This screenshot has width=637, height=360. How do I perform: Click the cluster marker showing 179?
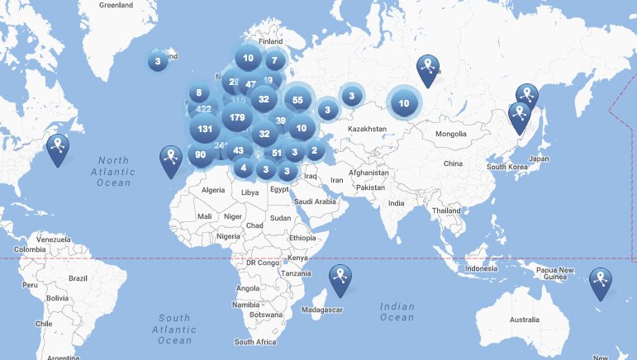236,118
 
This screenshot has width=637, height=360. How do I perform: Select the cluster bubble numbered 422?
203,109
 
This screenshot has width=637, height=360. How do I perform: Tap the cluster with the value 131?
205,130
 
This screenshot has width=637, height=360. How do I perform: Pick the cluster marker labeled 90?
201,154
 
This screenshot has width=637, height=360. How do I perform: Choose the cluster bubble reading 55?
297,100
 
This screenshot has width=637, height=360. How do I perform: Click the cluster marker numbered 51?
277,153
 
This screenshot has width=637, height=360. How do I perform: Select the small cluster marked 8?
198,93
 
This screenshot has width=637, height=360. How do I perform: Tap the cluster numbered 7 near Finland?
274,60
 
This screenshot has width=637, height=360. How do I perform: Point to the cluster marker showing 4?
244,168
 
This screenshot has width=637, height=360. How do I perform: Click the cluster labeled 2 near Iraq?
314,150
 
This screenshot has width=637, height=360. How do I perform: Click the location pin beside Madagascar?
340,279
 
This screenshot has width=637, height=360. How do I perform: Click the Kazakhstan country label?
368,130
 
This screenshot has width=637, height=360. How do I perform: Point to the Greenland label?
116,5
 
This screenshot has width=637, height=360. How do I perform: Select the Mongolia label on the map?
451,134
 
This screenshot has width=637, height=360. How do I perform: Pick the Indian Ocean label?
397,311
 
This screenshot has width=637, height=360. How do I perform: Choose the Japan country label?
539,159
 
